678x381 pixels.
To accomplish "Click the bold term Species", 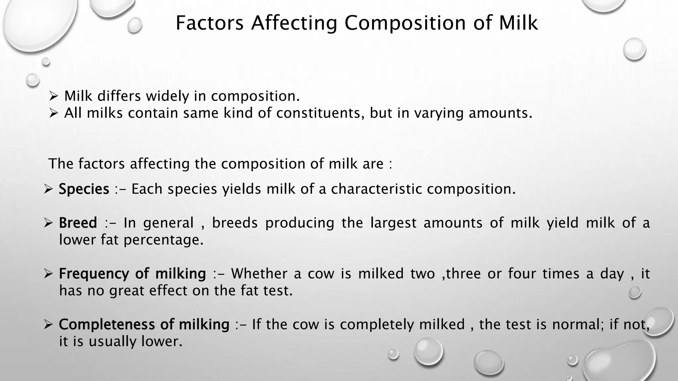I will (84, 189).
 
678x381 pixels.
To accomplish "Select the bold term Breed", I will (78, 223).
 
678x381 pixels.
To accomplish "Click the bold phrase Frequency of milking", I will (132, 274).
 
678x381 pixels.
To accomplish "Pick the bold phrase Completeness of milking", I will (144, 324).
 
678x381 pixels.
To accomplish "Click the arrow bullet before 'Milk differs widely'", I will (53, 97).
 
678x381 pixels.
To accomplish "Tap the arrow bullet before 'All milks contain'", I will (53, 113).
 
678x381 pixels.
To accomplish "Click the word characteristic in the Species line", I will (376, 189).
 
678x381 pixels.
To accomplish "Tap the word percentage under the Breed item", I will (164, 240).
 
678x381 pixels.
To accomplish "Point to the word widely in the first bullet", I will (167, 96).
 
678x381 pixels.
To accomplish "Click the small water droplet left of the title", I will (134, 25).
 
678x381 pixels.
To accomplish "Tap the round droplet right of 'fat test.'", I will (635, 292).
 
